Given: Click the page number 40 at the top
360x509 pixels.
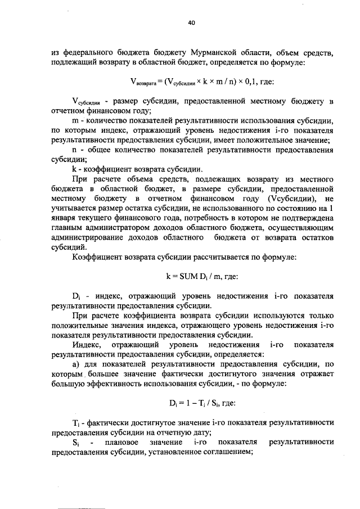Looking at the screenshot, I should (191, 22).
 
